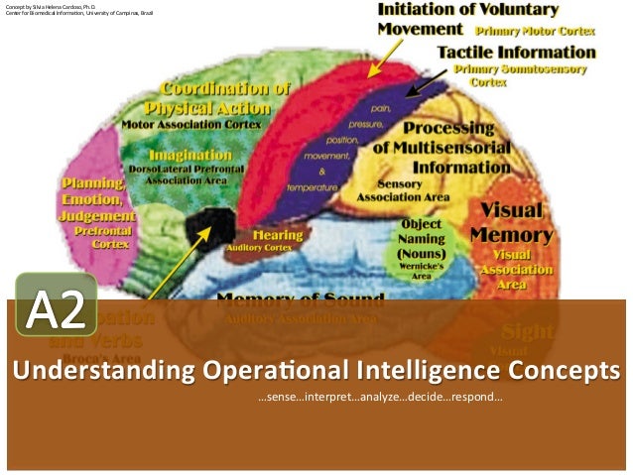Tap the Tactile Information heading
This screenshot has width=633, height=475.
[x=517, y=51]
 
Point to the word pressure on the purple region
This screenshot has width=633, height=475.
[x=372, y=125]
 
